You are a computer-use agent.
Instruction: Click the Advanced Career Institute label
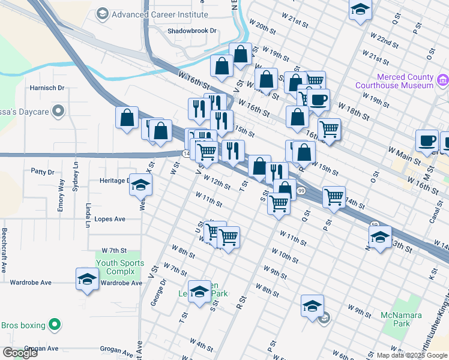(159, 14)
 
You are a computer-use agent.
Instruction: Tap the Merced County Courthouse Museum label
(405, 81)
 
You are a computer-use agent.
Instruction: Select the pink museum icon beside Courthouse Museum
(443, 80)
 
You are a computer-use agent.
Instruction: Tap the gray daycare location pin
(58, 111)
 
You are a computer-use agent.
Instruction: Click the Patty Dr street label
(42, 171)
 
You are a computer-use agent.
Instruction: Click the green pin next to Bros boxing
(55, 325)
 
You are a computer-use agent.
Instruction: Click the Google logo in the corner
(20, 353)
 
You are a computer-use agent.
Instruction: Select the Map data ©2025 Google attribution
(412, 355)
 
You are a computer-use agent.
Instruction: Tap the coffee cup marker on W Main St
(427, 140)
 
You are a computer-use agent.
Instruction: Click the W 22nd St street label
(384, 41)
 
